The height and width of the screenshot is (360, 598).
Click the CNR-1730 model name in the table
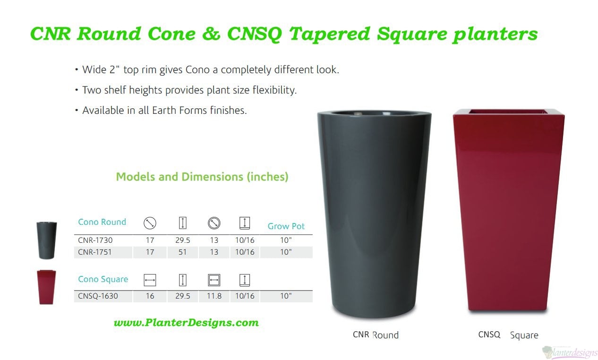tap(95, 240)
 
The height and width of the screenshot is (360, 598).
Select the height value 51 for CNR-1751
tap(183, 252)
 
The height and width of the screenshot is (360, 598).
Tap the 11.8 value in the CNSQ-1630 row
tap(214, 296)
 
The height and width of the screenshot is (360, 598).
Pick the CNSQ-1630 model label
tap(98, 296)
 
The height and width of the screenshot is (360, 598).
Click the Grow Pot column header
tap(286, 226)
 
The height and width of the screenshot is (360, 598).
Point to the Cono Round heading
tap(102, 222)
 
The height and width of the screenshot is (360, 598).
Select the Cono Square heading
tap(103, 279)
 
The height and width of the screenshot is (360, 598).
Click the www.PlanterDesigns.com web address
tap(186, 323)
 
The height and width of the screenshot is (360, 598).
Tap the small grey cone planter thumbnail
tap(47, 240)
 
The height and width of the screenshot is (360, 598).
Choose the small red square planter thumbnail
tap(46, 287)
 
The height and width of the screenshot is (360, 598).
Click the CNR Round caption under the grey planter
tap(376, 334)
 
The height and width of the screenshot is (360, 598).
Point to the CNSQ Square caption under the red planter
tap(508, 334)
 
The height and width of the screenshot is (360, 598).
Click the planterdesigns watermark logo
tap(570, 352)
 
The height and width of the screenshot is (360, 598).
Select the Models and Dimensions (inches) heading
tap(202, 177)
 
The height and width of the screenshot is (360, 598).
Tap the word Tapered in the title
tap(329, 34)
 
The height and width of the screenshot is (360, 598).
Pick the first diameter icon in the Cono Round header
tap(150, 223)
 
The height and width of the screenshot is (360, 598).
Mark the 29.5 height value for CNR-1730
tap(183, 240)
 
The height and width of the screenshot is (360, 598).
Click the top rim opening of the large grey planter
tap(374, 113)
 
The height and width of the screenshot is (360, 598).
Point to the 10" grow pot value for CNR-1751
tap(286, 252)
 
